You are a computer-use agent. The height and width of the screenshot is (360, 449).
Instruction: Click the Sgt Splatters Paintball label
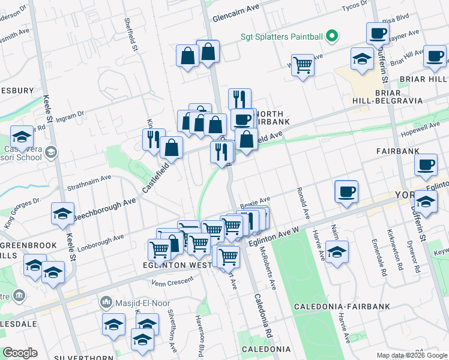coord(282,37)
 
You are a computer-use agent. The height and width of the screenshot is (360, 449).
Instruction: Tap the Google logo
coord(20,353)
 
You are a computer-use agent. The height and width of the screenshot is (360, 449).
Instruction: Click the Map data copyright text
coord(412,355)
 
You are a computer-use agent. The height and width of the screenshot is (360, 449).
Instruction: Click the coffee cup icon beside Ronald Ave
coord(346,192)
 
